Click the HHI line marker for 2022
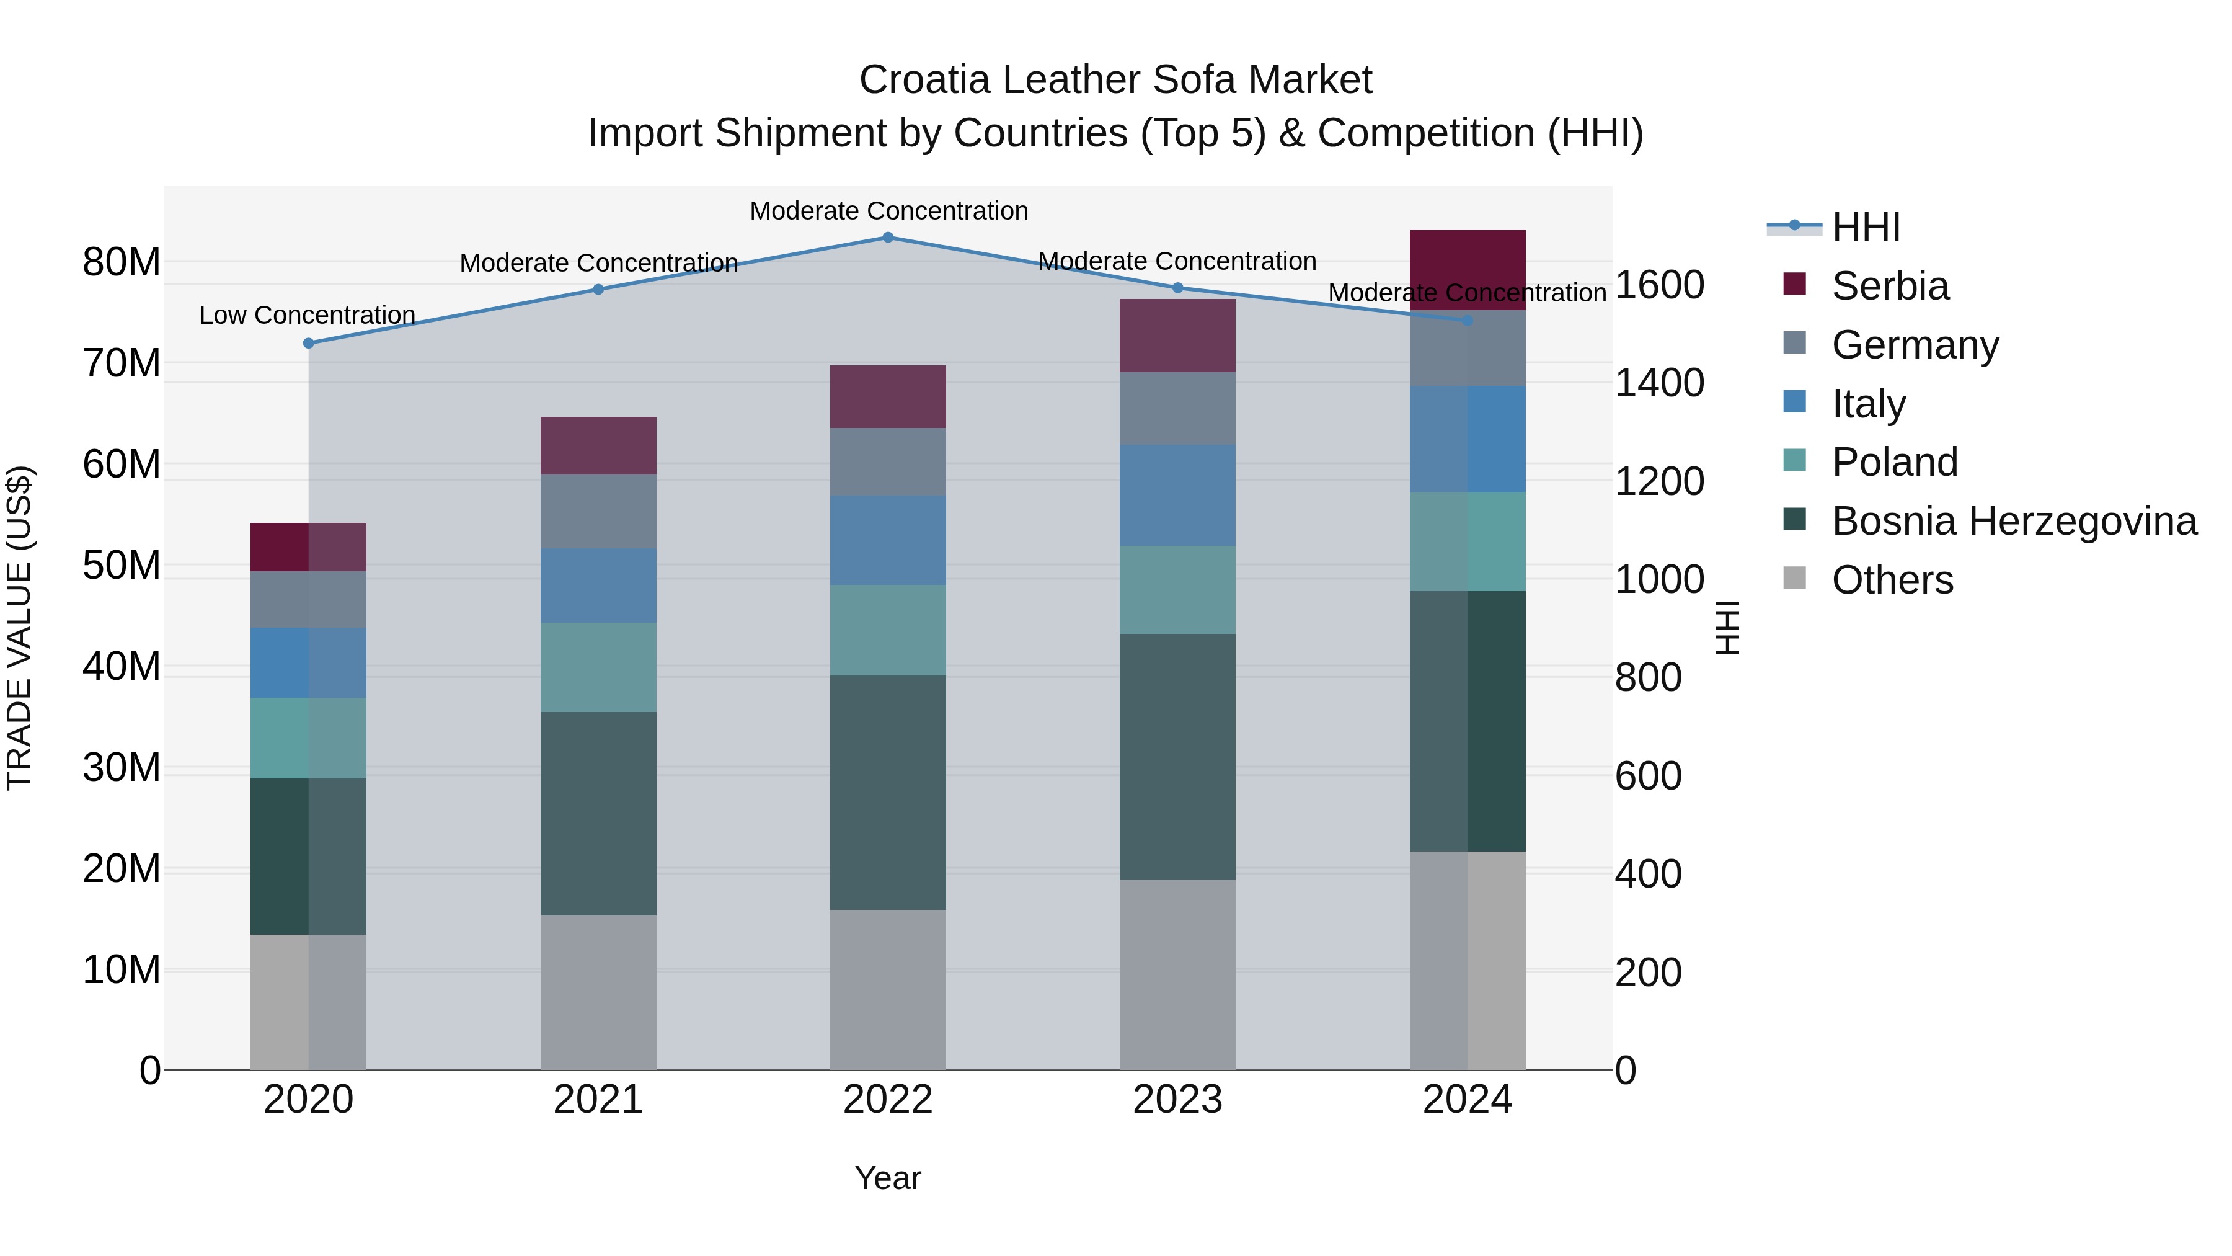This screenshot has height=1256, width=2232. point(887,237)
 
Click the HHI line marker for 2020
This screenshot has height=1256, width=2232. point(309,343)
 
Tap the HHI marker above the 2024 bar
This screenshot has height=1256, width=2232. point(1467,321)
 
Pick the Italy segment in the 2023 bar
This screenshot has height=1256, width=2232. point(1177,495)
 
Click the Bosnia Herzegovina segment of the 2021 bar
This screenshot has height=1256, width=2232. point(598,813)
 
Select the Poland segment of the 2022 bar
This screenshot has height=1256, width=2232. point(887,630)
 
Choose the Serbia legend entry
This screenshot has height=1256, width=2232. point(1890,286)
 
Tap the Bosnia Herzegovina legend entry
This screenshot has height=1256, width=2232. point(2014,521)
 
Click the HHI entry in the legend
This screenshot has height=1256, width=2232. point(1866,227)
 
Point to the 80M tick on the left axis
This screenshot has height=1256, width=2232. point(122,262)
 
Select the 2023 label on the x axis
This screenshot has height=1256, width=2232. point(1177,1100)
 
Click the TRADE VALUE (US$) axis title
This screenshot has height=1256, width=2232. point(19,628)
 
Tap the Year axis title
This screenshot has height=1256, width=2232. point(887,1178)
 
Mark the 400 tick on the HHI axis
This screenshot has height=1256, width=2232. point(1648,874)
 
